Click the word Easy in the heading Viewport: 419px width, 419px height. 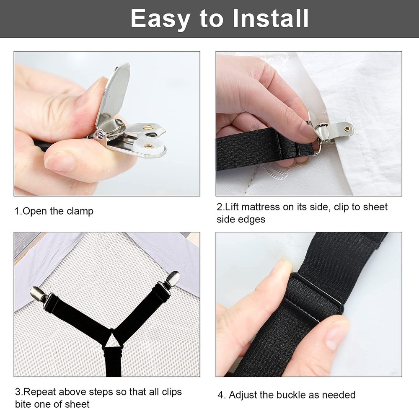[x=158, y=18]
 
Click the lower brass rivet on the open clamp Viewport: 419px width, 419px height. [x=148, y=146]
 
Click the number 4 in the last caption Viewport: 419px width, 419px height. [x=221, y=395]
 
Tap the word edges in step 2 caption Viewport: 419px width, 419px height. [x=253, y=220]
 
